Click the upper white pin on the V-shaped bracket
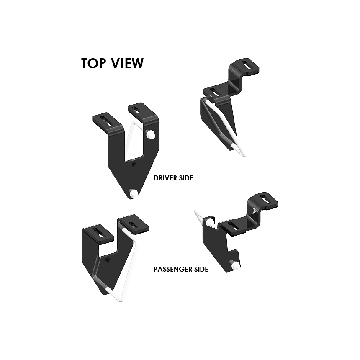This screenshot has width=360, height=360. click(150, 134)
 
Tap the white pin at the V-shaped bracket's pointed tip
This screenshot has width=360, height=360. click(134, 193)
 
